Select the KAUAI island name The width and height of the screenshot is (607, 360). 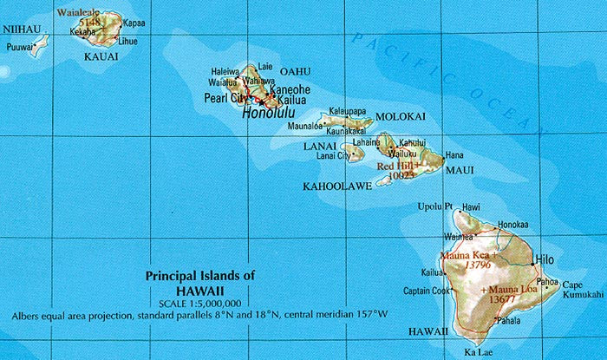tap(100, 56)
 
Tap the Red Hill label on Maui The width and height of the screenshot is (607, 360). tap(398, 164)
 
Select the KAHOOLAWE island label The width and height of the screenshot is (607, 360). tap(331, 186)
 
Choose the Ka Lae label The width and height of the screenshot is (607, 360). tap(478, 351)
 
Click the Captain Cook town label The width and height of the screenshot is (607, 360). tap(428, 291)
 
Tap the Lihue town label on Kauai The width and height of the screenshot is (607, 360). tap(127, 41)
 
